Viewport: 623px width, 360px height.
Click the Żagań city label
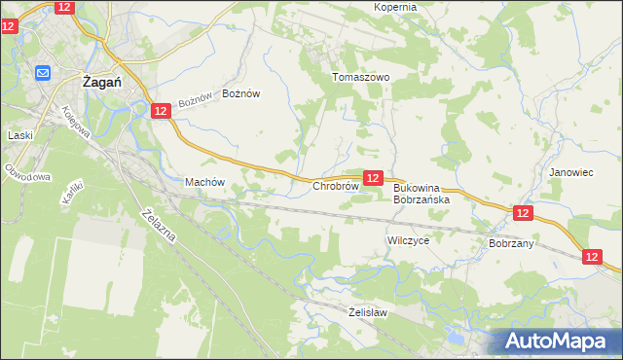pos(101,83)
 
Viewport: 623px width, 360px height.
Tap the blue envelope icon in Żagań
pos(44,73)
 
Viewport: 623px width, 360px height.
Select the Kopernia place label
pos(395,7)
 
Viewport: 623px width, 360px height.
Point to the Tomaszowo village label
pos(360,77)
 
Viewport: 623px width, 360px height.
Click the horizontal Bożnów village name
pos(241,93)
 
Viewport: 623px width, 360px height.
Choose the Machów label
pos(204,182)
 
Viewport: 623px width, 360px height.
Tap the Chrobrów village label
pos(336,185)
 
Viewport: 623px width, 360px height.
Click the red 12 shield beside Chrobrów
pos(373,177)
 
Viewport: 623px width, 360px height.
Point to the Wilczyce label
pos(408,238)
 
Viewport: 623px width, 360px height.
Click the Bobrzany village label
pos(511,243)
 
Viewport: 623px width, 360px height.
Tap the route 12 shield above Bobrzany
pos(523,212)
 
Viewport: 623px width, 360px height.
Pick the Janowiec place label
pos(570,172)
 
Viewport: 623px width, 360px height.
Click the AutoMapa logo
pos(557,340)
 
